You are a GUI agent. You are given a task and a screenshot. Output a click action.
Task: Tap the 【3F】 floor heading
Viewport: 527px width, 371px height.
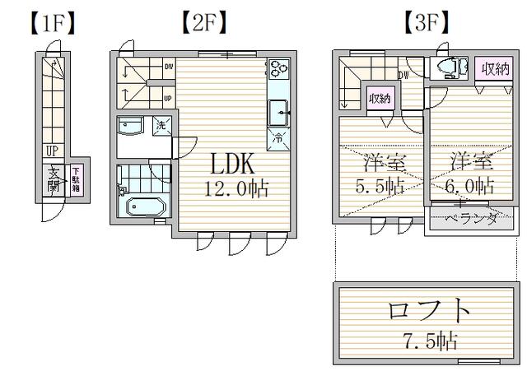pyautogui.click(x=425, y=22)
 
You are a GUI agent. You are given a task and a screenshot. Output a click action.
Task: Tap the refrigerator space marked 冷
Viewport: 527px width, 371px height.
pyautogui.click(x=278, y=139)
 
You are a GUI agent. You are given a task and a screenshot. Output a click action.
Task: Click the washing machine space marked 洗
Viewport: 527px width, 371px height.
pyautogui.click(x=161, y=126)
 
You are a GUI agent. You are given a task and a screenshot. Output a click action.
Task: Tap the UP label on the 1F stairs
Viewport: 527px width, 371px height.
pyautogui.click(x=52, y=151)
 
